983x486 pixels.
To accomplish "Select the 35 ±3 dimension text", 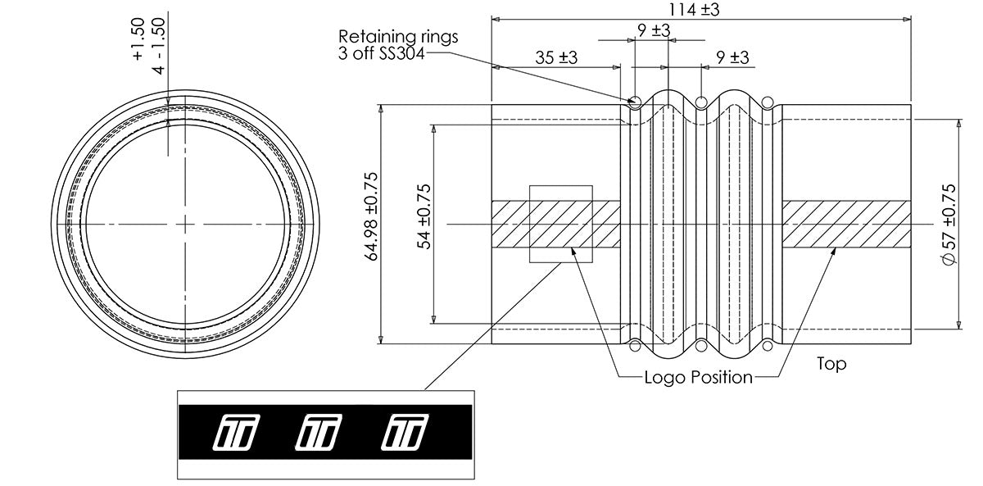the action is point(556,57).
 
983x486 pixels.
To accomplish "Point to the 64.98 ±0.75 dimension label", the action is point(372,216).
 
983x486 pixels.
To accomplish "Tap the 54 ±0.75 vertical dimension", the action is point(424,217).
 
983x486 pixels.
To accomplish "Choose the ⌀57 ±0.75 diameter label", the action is point(948,225).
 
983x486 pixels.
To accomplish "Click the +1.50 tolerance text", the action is point(138,39).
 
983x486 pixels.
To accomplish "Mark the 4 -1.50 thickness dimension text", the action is point(159,46).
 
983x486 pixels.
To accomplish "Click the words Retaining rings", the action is point(398,36).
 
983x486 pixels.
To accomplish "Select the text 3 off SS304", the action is point(382,53).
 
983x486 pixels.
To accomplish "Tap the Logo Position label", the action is point(699,377).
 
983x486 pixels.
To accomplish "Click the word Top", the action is point(831,364).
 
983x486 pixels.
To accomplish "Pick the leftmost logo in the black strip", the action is point(237,433).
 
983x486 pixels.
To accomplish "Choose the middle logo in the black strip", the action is point(319,433).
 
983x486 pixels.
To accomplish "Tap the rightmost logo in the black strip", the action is point(405,433).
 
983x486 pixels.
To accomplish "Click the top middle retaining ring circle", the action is point(701,102).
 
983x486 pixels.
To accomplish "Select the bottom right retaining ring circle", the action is point(767,346).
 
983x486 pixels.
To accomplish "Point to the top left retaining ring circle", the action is point(635,102).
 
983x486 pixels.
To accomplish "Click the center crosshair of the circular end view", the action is point(185,225).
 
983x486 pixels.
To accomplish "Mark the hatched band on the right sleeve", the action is point(846,225).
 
